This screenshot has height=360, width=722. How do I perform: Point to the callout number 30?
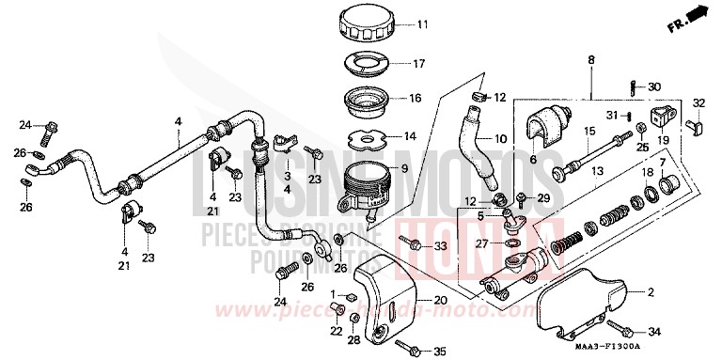point(655,86)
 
